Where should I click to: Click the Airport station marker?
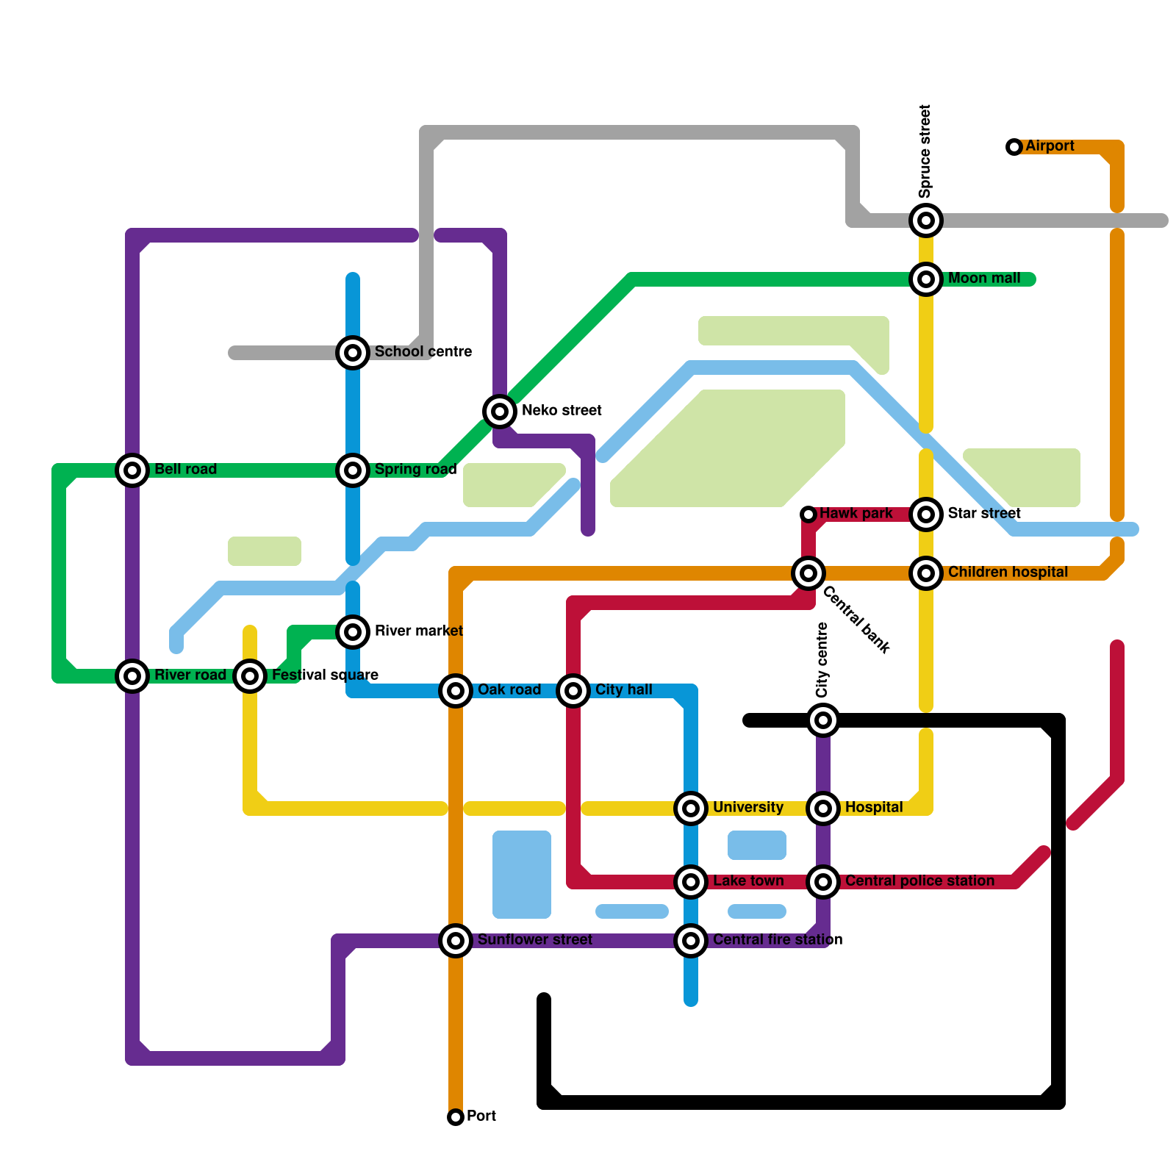click(1014, 147)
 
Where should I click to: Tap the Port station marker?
click(456, 1117)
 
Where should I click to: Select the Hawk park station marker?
click(808, 514)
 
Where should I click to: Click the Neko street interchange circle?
click(500, 412)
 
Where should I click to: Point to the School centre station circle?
click(353, 353)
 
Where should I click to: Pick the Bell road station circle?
click(132, 470)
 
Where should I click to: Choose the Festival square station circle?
click(250, 676)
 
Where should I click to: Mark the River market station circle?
click(353, 632)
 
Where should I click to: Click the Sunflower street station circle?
click(456, 941)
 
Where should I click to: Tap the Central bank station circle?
click(808, 573)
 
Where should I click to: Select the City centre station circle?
click(823, 720)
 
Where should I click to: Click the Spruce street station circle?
click(926, 220)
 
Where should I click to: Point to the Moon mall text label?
click(984, 279)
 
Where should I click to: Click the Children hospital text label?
click(1008, 573)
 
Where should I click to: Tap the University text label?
click(747, 808)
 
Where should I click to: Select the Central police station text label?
click(919, 881)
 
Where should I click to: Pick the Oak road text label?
click(509, 690)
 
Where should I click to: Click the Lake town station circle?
click(691, 882)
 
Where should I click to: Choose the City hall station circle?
click(573, 691)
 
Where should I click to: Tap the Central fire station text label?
click(777, 940)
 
